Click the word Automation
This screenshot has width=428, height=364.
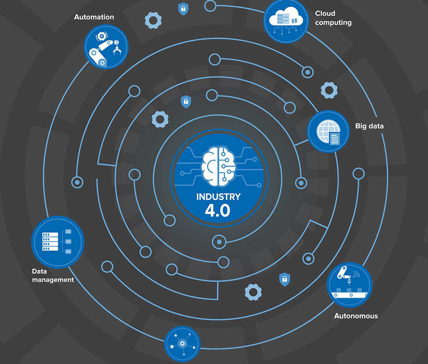94,17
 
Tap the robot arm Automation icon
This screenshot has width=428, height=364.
106,47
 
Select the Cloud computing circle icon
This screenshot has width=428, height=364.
286,20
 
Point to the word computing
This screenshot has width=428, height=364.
333,23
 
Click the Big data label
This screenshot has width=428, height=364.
369,126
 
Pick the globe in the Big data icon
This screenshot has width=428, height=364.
325,130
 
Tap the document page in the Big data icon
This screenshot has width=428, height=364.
334,138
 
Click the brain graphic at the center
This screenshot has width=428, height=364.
218,166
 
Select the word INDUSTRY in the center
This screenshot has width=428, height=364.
218,197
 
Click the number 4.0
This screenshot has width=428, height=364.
218,211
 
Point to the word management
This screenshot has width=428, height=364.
53,280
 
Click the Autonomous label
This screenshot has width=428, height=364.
356,316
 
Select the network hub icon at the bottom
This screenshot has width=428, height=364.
182,344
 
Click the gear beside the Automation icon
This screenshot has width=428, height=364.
153,20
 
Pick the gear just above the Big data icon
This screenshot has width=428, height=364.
329,90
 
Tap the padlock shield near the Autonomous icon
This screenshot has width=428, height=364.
284,279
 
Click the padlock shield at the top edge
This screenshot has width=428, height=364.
183,8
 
